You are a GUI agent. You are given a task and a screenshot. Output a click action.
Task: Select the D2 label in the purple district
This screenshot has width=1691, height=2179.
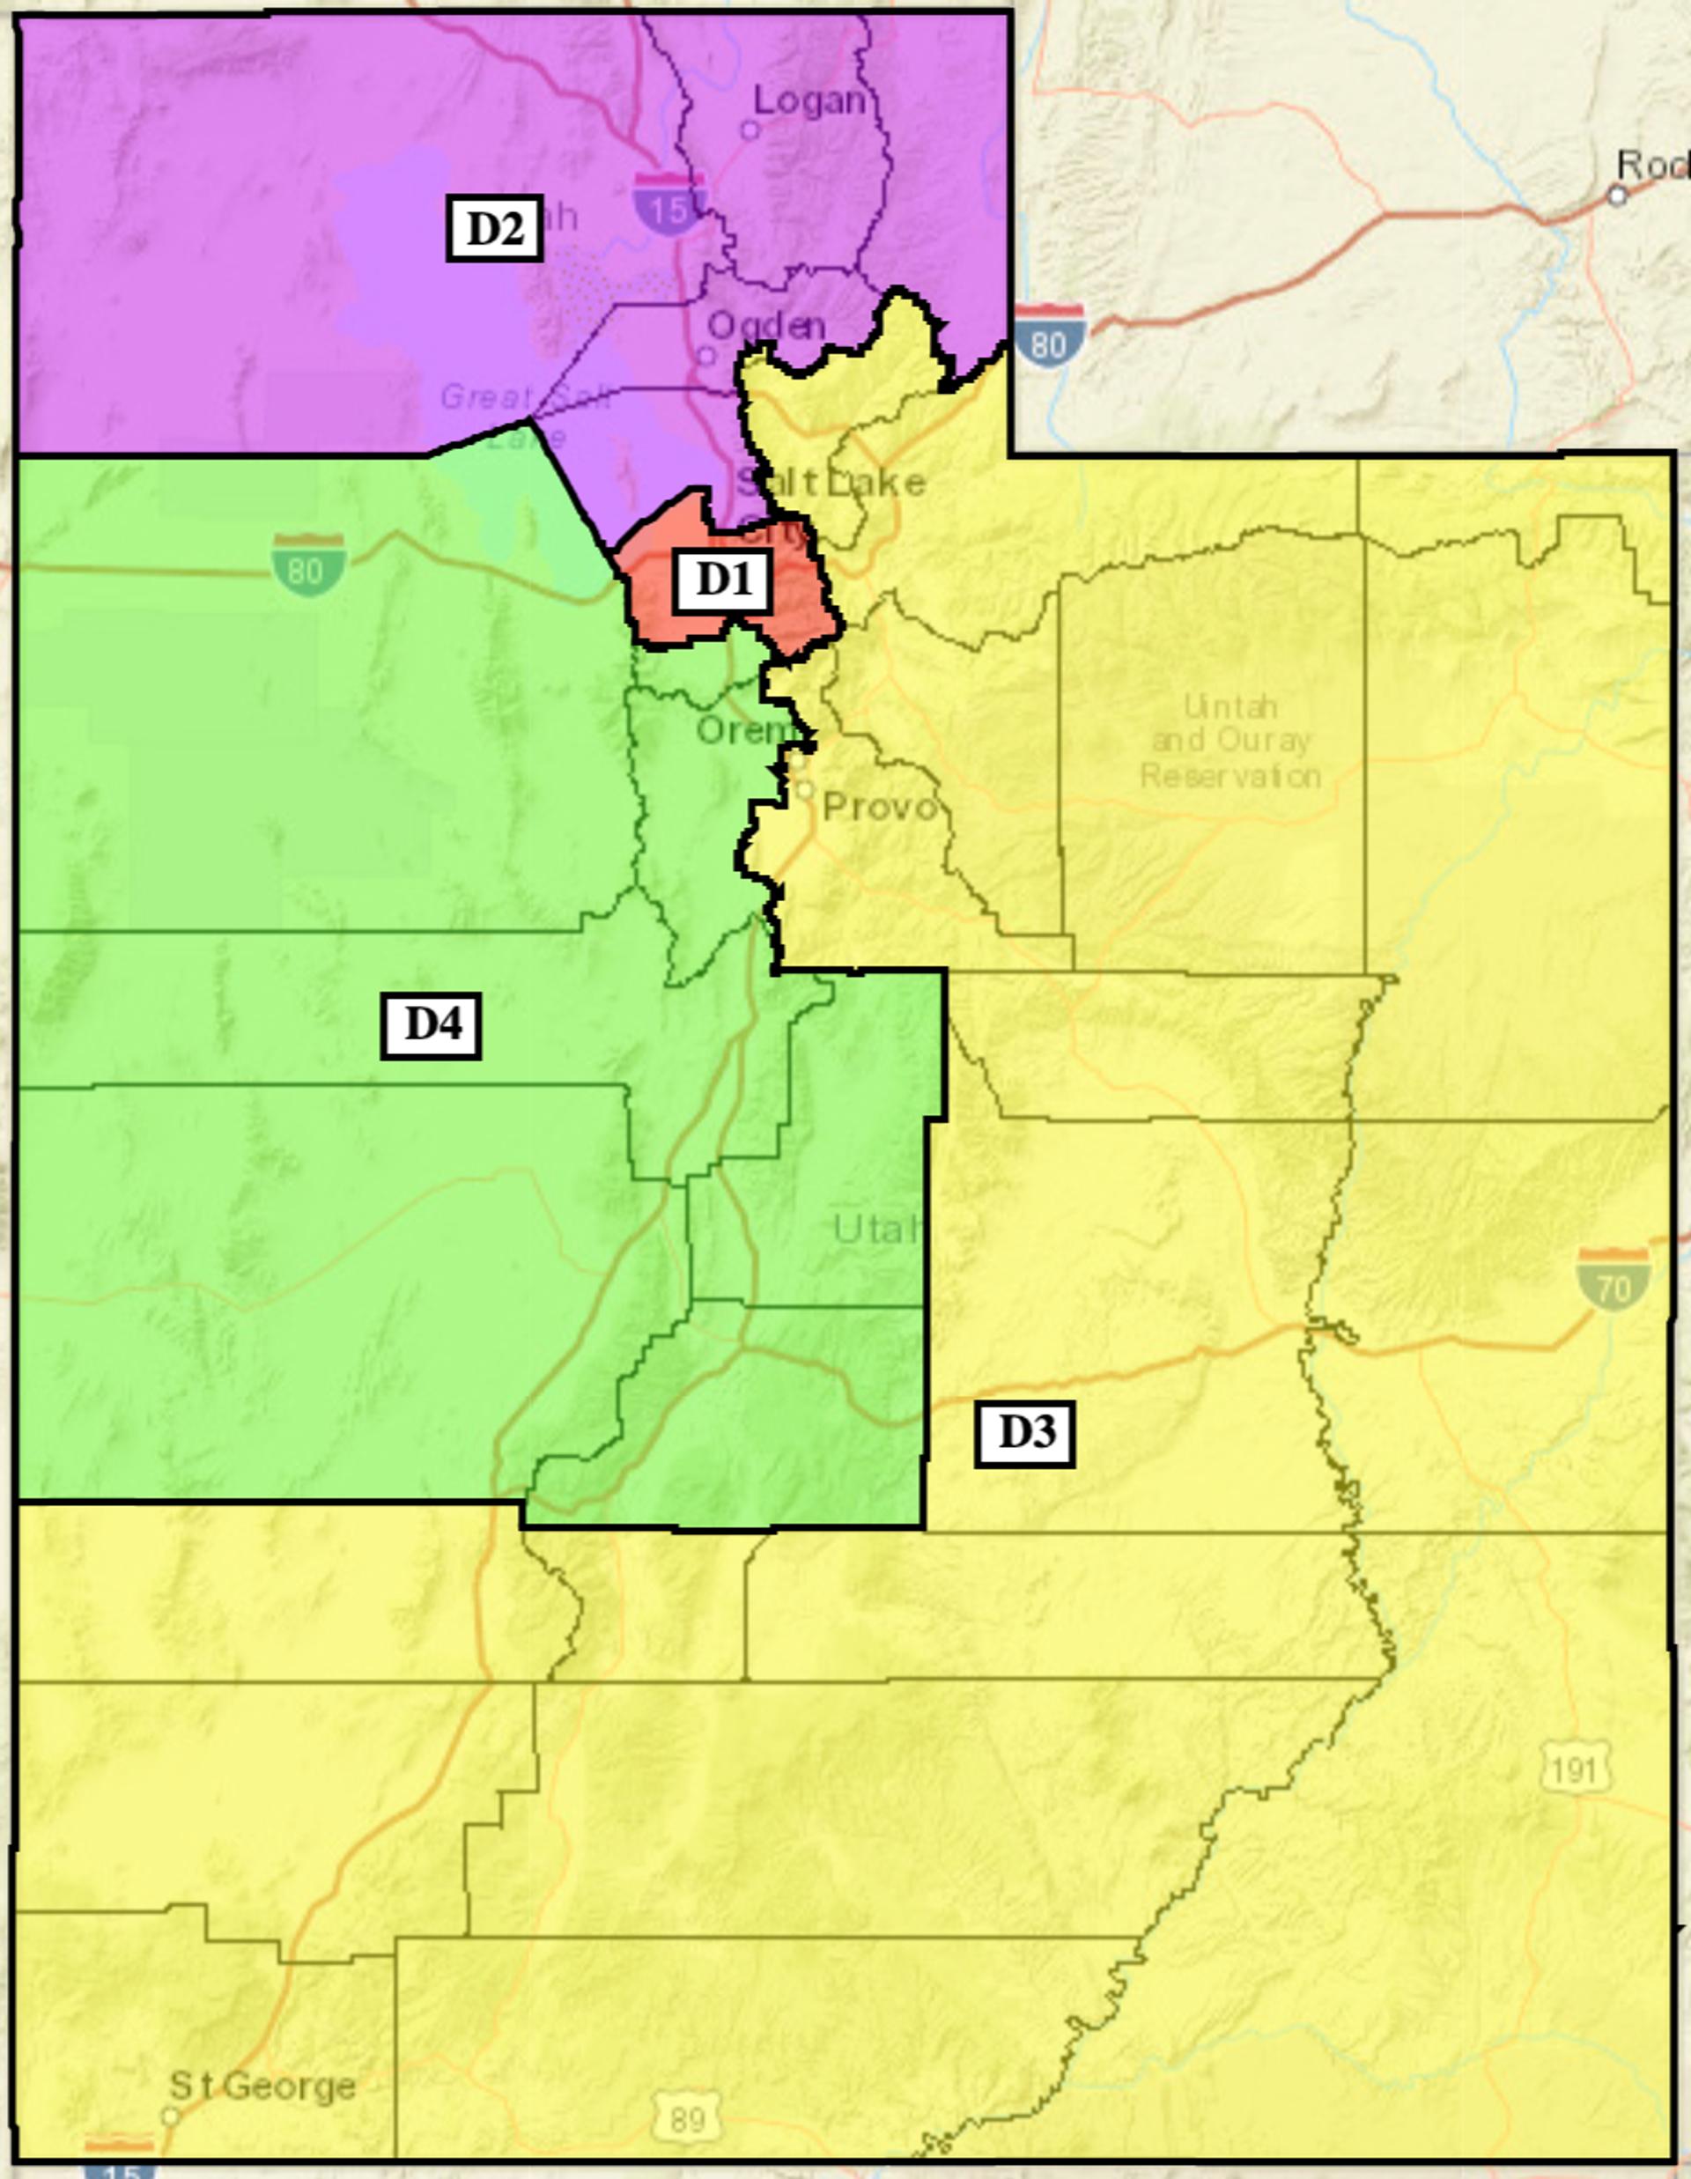[494, 228]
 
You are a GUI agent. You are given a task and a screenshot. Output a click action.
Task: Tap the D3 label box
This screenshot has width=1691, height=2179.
[1024, 1435]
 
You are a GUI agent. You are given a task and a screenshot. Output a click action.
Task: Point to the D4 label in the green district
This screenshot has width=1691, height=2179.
[431, 1024]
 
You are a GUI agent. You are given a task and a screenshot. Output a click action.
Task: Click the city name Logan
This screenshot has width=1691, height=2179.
[809, 100]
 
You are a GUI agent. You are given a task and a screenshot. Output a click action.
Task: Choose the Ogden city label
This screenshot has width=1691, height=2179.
[766, 325]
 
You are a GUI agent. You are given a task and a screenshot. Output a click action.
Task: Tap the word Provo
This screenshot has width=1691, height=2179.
[880, 806]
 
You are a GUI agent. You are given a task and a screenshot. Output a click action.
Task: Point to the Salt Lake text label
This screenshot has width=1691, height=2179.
[832, 483]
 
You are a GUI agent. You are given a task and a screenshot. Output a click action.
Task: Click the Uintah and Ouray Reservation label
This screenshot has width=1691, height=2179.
[1231, 742]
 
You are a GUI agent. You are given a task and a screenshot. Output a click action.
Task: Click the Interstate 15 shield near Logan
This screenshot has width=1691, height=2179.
[670, 204]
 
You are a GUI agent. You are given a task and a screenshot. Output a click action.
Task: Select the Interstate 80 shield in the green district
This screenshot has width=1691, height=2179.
[308, 565]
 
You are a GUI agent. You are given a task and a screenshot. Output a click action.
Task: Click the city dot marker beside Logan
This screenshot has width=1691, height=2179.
[750, 129]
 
